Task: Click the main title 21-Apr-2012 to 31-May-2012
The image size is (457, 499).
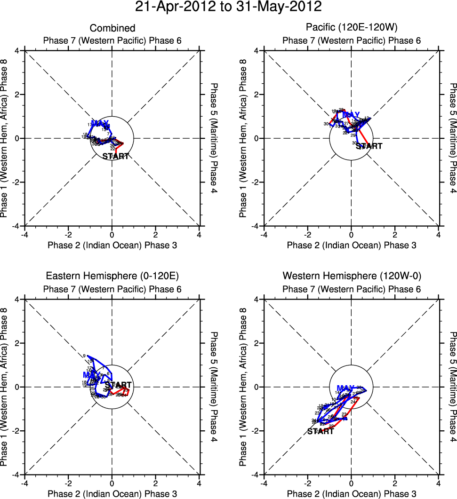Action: (x=228, y=7)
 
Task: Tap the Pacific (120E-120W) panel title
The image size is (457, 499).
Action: (x=352, y=29)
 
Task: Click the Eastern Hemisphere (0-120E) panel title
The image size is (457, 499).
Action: (x=112, y=276)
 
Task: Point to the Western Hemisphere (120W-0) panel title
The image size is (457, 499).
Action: (x=352, y=276)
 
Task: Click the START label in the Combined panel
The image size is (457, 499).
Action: (x=116, y=156)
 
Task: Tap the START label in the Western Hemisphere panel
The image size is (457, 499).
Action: (x=321, y=431)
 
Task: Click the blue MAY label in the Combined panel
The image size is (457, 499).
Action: (x=100, y=124)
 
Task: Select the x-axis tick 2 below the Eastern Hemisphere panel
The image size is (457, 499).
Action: (x=156, y=483)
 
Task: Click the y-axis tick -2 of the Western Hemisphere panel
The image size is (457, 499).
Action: (x=256, y=431)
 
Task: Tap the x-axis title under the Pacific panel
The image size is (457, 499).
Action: (x=352, y=245)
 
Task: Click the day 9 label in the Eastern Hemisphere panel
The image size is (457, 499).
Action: (x=84, y=356)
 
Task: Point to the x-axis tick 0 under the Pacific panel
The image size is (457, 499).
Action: (x=351, y=234)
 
